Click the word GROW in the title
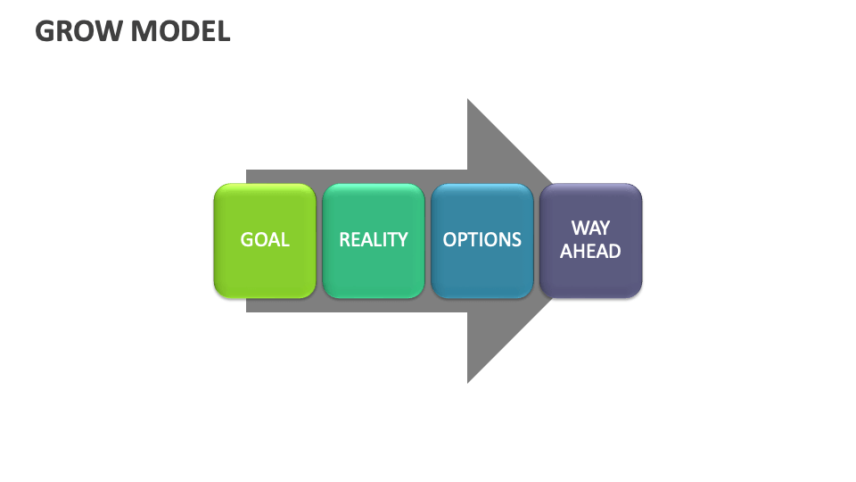coord(78,31)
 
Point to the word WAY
coord(590,229)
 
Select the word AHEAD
coord(590,252)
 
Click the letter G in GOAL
coord(247,240)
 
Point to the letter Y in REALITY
coord(403,240)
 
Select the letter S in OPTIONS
coord(516,240)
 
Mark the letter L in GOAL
coord(285,240)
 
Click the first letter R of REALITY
coord(345,240)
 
